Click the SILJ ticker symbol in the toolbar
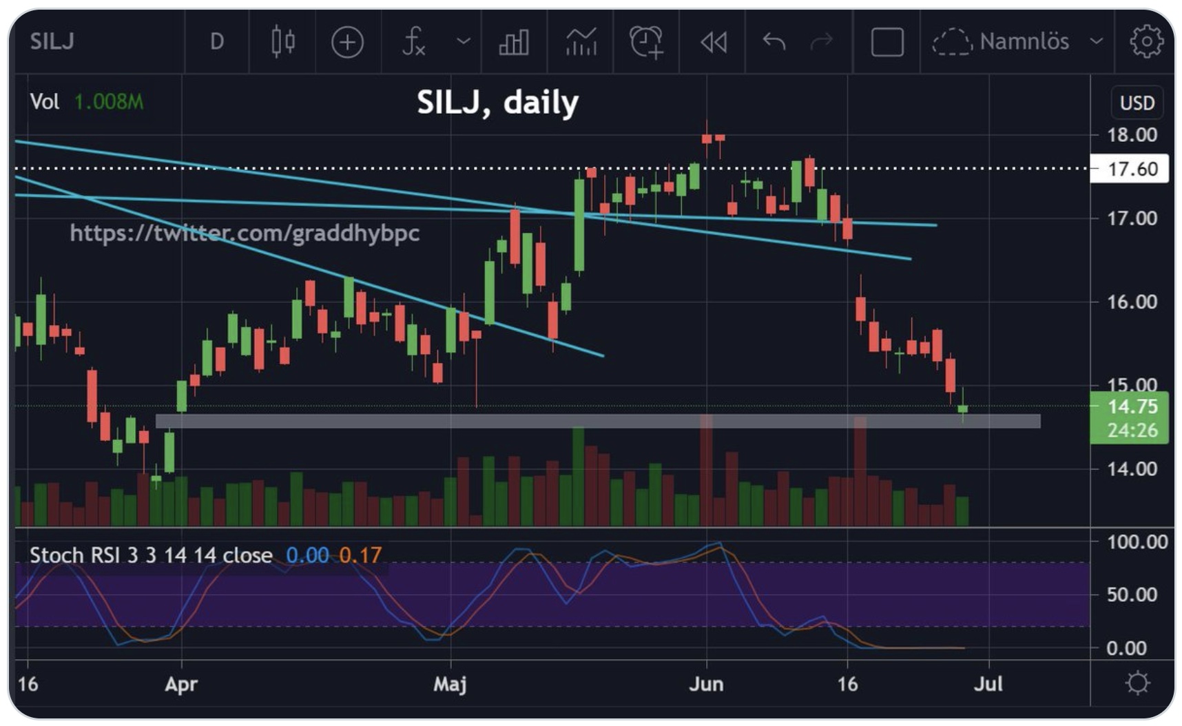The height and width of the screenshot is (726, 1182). click(x=52, y=41)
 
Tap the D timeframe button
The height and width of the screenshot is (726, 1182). click(x=217, y=41)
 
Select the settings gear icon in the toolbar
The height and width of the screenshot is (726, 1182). click(x=1145, y=41)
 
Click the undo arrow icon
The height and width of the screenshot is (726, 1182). click(x=774, y=41)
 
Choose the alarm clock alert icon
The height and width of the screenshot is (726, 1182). click(x=646, y=41)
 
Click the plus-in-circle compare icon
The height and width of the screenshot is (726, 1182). click(x=347, y=42)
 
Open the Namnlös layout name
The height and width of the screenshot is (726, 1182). click(x=1024, y=41)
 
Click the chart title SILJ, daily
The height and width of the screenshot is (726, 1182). click(x=497, y=103)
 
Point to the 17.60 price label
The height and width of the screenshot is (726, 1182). click(x=1132, y=169)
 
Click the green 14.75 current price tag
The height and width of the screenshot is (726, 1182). click(x=1132, y=406)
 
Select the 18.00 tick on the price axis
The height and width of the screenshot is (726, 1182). click(x=1132, y=134)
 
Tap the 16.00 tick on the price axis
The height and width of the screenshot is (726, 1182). click(x=1132, y=302)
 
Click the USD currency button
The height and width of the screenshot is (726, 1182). click(x=1137, y=103)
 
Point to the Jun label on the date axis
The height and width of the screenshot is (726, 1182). click(x=706, y=684)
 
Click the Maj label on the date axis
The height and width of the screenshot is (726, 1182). click(x=450, y=684)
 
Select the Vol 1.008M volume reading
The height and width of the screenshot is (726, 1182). click(x=87, y=102)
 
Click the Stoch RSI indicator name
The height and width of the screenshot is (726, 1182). click(x=151, y=555)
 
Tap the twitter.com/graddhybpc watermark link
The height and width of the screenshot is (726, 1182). click(x=245, y=233)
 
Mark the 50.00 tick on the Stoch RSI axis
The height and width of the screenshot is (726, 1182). click(x=1132, y=594)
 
